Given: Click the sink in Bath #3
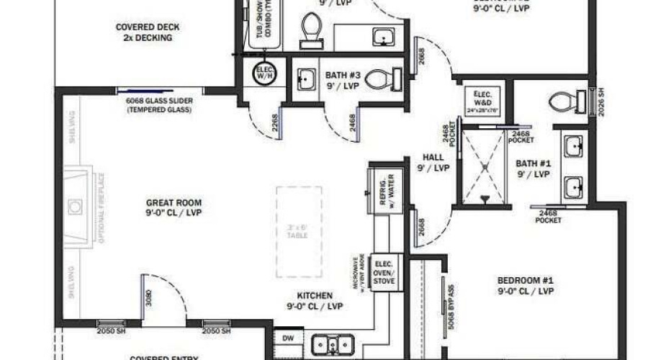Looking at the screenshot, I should (x=306, y=79).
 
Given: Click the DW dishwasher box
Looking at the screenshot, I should (x=287, y=337).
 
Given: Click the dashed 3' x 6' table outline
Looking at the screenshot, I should (x=299, y=231).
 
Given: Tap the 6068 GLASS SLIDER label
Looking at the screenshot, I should (x=158, y=105).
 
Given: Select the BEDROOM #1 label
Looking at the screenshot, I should (x=525, y=286).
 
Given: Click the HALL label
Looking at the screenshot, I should (x=432, y=162).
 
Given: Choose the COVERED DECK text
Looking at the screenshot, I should (x=148, y=32).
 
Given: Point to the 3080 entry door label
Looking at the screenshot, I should (x=148, y=297).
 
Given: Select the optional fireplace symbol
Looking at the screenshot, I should (x=76, y=206).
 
